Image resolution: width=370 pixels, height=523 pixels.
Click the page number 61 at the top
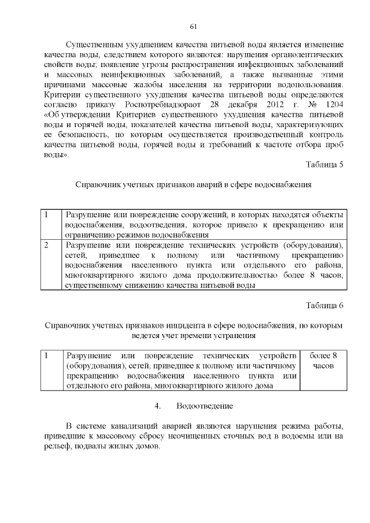(194, 27)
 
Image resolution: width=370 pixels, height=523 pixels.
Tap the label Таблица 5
(325, 165)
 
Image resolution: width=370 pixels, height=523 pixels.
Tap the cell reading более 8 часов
(323, 360)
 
